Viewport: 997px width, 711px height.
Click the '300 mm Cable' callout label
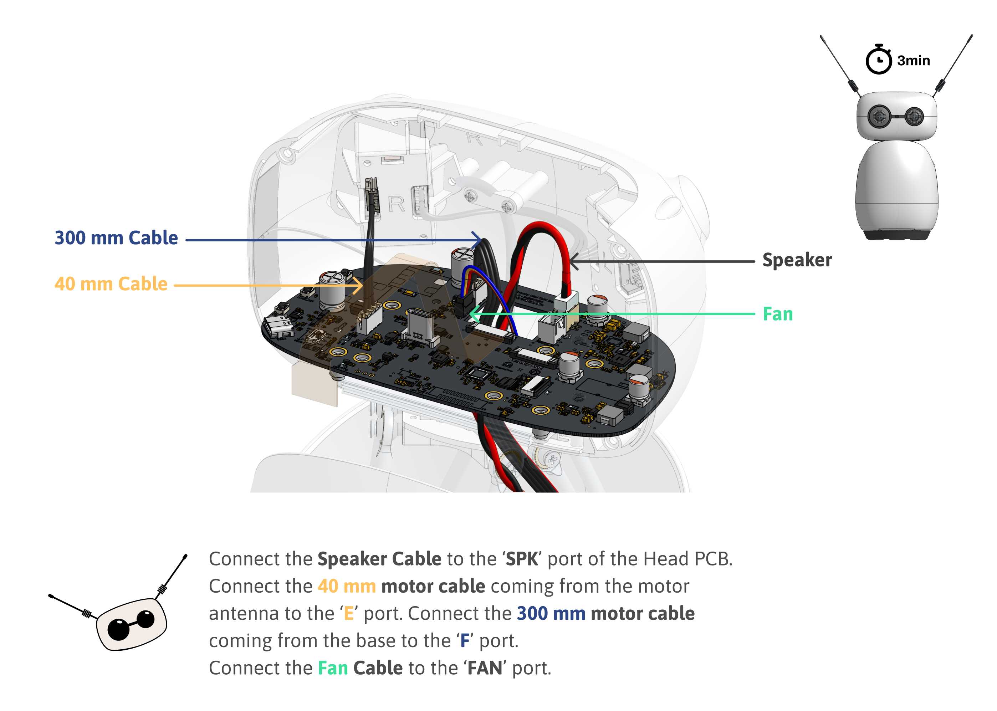tap(116, 238)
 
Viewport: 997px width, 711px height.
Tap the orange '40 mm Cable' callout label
tap(111, 284)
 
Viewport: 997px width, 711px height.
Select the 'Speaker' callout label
tap(797, 260)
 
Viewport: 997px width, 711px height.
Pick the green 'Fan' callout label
tap(778, 314)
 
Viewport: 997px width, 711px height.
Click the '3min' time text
tap(913, 60)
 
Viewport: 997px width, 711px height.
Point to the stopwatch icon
tap(878, 60)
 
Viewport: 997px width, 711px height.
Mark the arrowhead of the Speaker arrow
tap(573, 262)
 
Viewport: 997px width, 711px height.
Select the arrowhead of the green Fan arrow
tap(472, 314)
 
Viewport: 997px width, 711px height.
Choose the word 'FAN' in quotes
tap(485, 668)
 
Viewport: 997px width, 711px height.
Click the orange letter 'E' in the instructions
tap(348, 613)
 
